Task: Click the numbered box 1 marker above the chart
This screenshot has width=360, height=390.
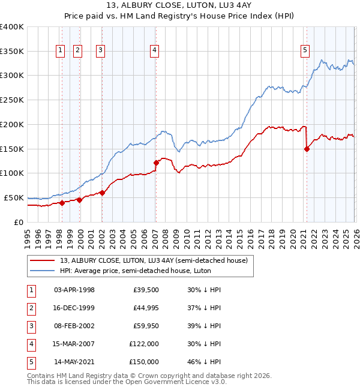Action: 61,51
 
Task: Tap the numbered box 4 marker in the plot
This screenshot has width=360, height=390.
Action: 155,51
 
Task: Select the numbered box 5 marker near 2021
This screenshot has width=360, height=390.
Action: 305,51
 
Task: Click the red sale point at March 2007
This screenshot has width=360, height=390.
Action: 156,162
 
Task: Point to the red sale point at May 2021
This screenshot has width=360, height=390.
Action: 307,149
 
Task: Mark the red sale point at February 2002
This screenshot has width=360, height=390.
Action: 102,193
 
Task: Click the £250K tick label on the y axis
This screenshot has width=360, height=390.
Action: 11,100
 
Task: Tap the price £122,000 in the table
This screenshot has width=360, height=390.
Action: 144,344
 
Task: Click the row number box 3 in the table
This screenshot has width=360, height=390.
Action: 30,326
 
